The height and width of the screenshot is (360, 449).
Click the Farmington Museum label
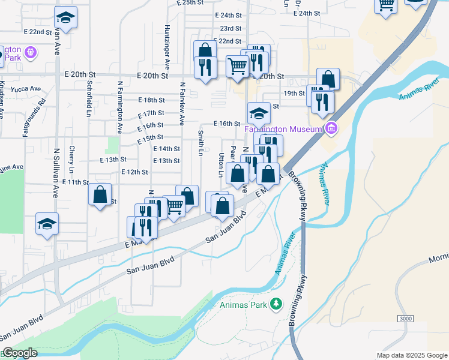click(x=283, y=128)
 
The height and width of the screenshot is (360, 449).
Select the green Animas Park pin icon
click(x=276, y=304)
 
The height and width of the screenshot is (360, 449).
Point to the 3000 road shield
click(x=405, y=317)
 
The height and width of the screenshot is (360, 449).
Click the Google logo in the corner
click(x=19, y=353)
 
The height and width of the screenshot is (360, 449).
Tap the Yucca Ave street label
click(x=26, y=89)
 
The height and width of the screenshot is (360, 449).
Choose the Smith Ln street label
click(x=200, y=143)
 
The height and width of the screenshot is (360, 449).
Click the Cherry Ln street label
click(x=71, y=158)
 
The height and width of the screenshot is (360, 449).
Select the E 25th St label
click(x=191, y=3)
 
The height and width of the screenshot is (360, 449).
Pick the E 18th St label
click(x=151, y=100)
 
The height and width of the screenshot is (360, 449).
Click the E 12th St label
click(x=134, y=172)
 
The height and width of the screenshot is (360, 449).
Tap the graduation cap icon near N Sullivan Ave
click(x=47, y=224)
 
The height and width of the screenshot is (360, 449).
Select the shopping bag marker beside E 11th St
click(x=100, y=194)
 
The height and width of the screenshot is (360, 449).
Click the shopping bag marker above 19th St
click(x=328, y=79)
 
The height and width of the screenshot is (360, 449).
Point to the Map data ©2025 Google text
click(x=411, y=355)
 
